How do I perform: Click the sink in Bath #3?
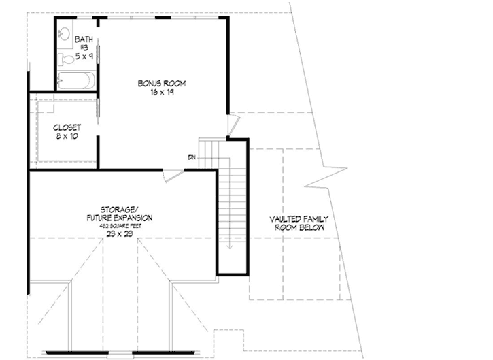click(63, 32)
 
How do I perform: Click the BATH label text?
click(84, 39)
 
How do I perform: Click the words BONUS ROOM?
click(161, 83)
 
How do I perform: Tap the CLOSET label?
click(67, 127)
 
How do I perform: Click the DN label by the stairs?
click(192, 158)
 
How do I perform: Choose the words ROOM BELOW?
click(299, 228)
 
